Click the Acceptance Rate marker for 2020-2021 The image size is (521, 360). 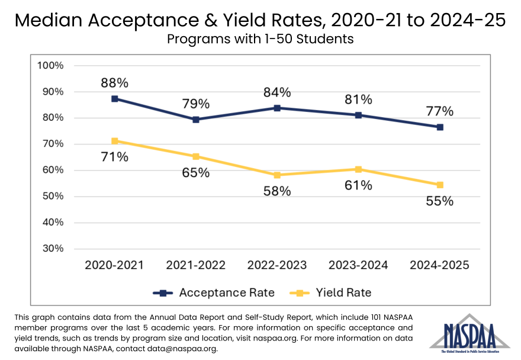(114, 99)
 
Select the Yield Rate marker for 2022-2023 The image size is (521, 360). (277, 175)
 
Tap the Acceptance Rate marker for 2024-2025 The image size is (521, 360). (440, 127)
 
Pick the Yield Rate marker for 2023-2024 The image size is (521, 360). (359, 169)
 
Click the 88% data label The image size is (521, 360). (114, 83)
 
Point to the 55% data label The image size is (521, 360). (440, 201)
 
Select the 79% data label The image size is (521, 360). (195, 104)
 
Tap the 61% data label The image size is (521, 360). (359, 185)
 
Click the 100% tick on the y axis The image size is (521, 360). (50, 65)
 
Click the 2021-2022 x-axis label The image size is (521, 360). (195, 265)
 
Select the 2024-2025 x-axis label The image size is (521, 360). (440, 265)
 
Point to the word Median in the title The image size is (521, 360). (52, 21)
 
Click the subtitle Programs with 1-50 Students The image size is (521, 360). (260, 40)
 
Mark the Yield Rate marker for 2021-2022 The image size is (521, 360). (195, 157)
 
